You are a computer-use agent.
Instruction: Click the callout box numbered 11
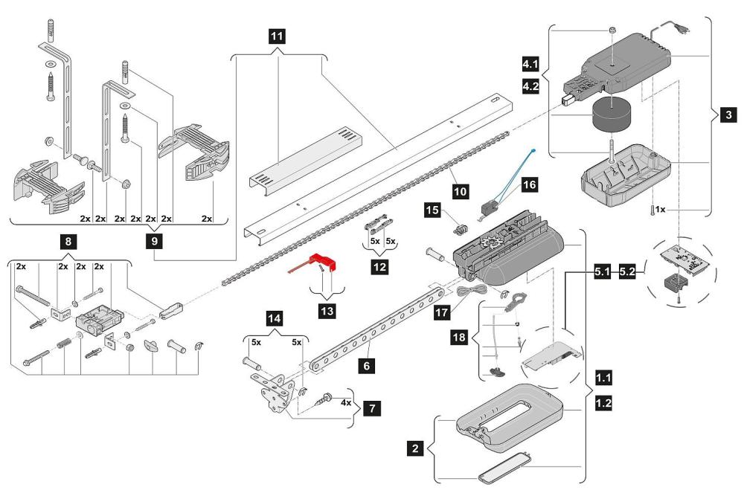[277, 36]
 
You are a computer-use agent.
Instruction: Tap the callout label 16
[529, 184]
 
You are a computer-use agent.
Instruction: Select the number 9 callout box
[154, 242]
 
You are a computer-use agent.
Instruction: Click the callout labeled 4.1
[530, 63]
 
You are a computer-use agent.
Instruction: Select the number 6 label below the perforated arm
[366, 366]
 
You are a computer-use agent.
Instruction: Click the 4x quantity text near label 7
[346, 402]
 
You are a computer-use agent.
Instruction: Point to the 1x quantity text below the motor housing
[660, 209]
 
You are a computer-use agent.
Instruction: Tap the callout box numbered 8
[68, 242]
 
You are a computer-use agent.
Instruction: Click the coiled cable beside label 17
[472, 291]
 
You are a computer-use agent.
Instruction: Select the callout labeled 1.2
[603, 403]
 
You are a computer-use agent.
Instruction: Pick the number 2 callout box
[416, 448]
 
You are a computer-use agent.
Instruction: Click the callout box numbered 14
[275, 318]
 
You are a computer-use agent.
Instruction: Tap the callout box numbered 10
[460, 192]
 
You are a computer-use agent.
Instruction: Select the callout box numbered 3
[729, 115]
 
